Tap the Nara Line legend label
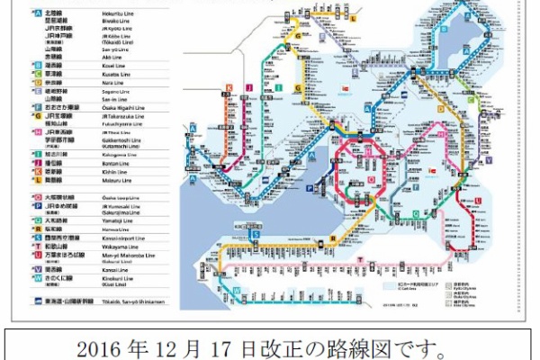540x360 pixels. pos(96,82)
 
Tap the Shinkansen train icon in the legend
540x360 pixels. pos(35,292)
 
